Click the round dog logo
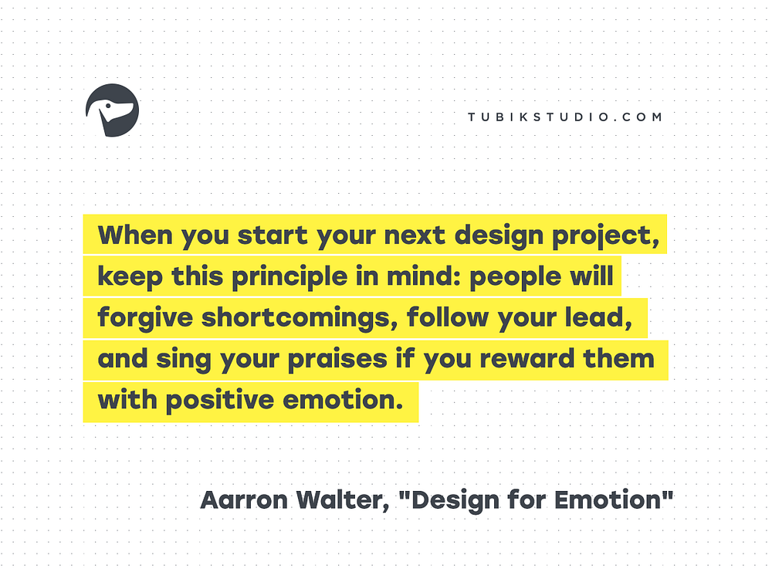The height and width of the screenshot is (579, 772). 112,110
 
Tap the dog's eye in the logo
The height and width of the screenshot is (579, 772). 108,105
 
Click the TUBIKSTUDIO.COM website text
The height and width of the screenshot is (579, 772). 565,117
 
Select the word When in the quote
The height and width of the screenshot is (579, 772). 135,235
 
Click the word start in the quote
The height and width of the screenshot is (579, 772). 273,235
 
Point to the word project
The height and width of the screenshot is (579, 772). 605,236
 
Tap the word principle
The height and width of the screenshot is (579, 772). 289,276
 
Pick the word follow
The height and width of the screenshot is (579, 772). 448,317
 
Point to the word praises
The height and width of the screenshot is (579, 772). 338,360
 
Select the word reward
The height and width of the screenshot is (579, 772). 527,358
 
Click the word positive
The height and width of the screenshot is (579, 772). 220,401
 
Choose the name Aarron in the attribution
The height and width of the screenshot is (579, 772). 244,500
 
